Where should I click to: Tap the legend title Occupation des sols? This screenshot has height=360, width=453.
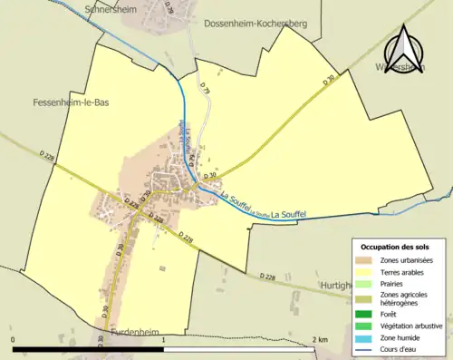[397, 247]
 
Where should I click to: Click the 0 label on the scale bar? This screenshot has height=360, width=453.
[14, 339]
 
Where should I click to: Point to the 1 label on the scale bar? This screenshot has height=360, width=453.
[163, 339]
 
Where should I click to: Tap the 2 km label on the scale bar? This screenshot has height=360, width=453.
[319, 339]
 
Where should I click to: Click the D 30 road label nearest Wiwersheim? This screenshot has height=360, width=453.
[328, 82]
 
